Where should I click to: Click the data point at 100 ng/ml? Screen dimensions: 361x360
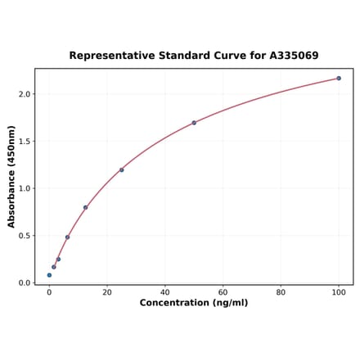point(339,79)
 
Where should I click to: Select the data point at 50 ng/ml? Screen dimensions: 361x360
point(194,123)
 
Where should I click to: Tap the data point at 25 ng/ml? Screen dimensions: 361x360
point(122,170)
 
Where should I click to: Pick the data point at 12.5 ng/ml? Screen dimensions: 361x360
point(85,207)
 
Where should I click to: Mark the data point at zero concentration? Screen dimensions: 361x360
point(49,275)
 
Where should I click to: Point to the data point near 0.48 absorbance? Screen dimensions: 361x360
point(67,237)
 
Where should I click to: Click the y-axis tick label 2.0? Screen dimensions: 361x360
point(24,94)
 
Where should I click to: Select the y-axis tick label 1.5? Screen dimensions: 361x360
point(24,142)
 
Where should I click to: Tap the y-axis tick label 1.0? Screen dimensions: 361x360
point(24,188)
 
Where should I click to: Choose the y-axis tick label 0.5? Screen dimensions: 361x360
point(24,236)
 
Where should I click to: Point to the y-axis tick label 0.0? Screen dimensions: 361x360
point(24,283)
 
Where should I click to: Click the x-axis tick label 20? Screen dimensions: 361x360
point(107,292)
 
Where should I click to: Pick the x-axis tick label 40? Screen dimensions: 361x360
point(165,292)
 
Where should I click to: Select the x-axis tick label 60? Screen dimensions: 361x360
point(223,292)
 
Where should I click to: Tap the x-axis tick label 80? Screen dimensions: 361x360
point(281,292)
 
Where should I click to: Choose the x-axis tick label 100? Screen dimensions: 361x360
point(339,292)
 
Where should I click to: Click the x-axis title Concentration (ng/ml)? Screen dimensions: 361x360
point(194,304)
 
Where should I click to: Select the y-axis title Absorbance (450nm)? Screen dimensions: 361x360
point(11,177)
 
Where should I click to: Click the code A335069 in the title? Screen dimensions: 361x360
point(290,56)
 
